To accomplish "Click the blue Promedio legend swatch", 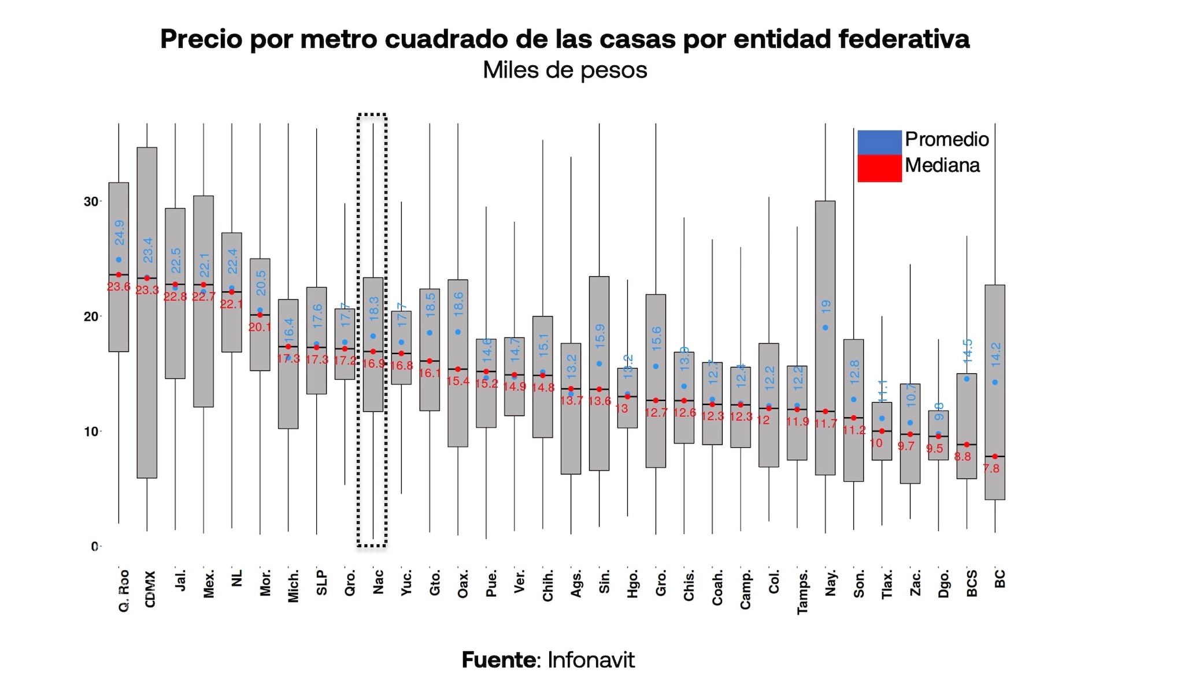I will [x=879, y=142].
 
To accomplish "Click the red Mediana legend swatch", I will [x=879, y=168].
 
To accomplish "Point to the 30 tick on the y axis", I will [x=91, y=202].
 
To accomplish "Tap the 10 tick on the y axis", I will [x=91, y=432].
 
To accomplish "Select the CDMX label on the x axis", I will [x=150, y=589].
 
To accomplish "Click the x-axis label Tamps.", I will [x=802, y=592].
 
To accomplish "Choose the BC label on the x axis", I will [x=1000, y=578].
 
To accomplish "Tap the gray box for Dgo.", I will [x=938, y=448].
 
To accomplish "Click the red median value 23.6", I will [x=119, y=287].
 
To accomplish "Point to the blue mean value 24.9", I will [x=119, y=232].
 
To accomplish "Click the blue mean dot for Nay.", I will [x=826, y=328].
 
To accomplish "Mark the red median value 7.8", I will [x=991, y=469].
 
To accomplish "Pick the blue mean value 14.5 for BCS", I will [x=968, y=351].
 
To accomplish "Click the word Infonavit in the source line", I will [x=591, y=660].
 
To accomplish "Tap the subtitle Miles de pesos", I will [x=565, y=70].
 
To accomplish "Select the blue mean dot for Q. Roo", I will [x=119, y=260].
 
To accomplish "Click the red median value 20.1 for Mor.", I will [x=260, y=327].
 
